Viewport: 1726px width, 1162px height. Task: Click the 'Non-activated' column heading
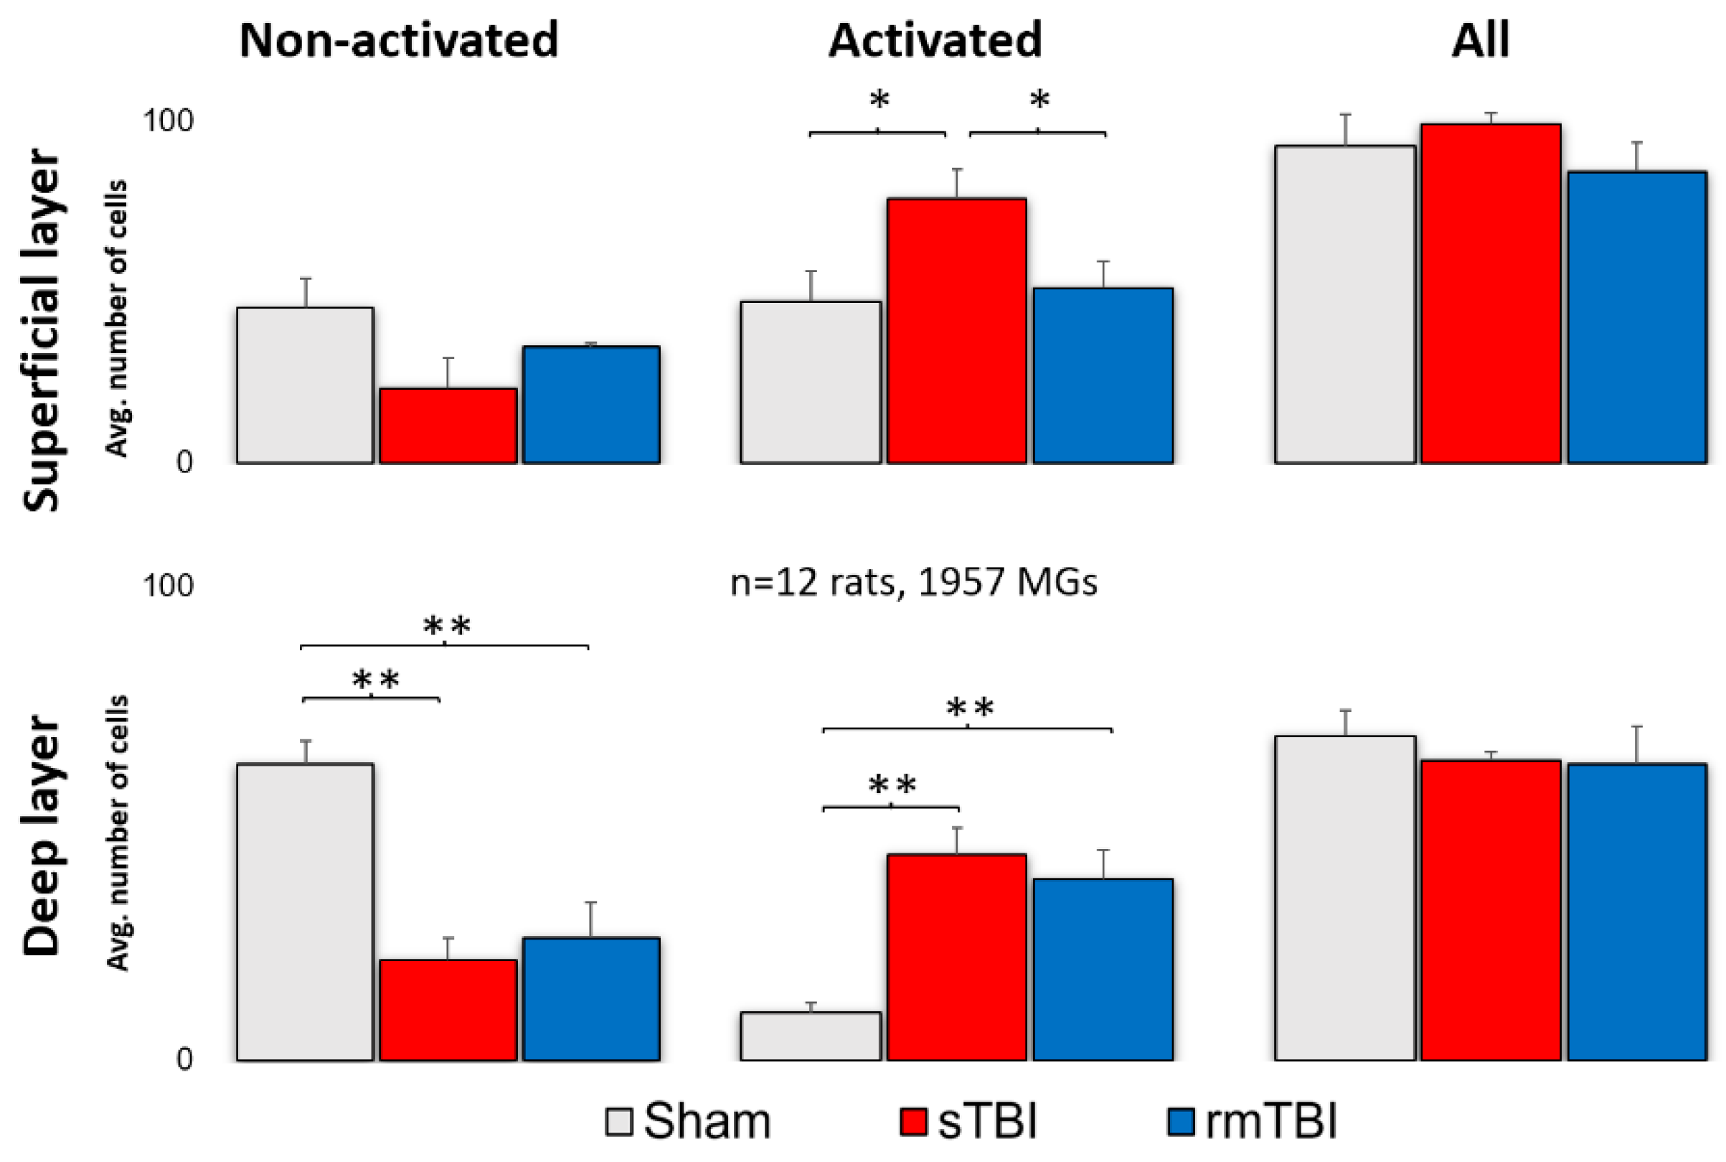(x=399, y=40)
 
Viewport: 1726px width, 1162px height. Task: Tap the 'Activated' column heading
(x=935, y=40)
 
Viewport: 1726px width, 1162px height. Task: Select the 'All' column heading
(x=1479, y=40)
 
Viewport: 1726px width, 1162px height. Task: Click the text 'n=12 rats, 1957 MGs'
(x=912, y=583)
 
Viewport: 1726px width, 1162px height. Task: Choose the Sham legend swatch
(x=618, y=1121)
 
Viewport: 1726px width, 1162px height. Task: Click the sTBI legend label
(x=987, y=1121)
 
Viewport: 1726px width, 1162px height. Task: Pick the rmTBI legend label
(x=1271, y=1121)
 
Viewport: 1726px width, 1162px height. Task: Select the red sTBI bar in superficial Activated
(x=956, y=331)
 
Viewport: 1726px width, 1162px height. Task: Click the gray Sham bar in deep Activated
(x=811, y=1036)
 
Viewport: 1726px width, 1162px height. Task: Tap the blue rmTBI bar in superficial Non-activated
(x=590, y=405)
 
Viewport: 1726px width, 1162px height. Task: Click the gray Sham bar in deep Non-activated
(x=304, y=912)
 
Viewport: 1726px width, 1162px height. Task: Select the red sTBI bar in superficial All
(x=1491, y=294)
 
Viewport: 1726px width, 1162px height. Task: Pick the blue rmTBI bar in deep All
(x=1636, y=912)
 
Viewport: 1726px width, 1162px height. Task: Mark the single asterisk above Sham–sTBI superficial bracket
(x=879, y=99)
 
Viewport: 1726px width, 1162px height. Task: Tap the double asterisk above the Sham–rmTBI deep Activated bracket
(x=970, y=709)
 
